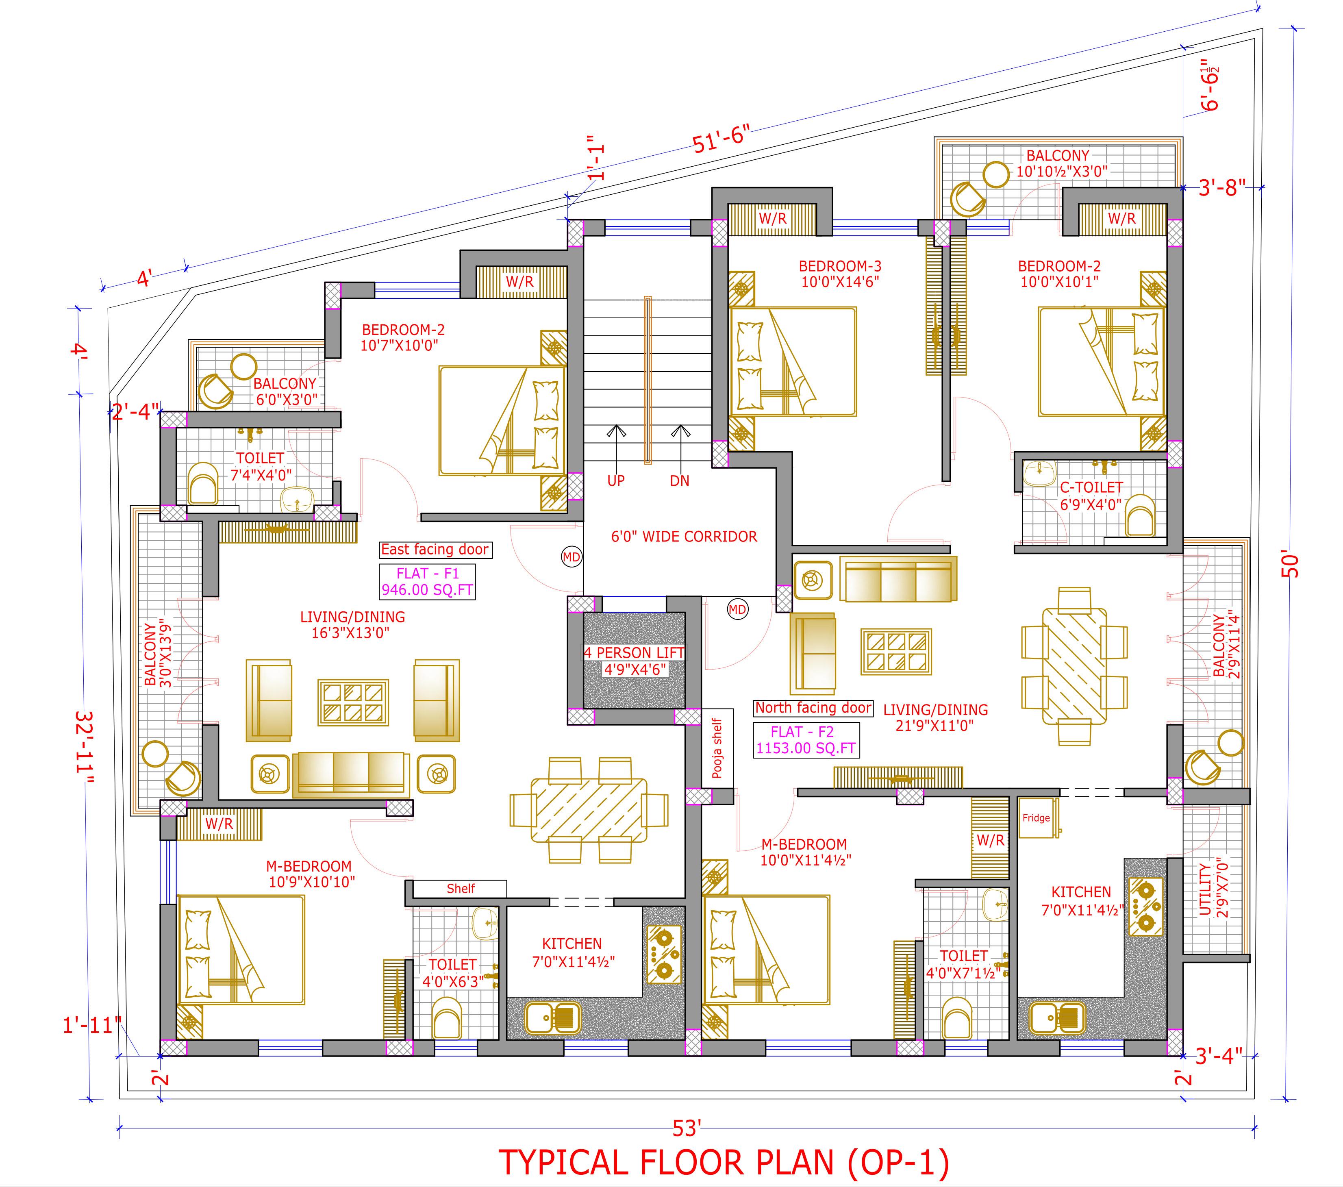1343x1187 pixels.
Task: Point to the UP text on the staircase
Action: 616,480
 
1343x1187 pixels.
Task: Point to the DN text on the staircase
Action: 679,480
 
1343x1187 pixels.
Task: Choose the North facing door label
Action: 813,708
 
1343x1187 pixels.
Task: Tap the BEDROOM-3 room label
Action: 840,274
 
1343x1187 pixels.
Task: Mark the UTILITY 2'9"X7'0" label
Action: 1213,891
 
